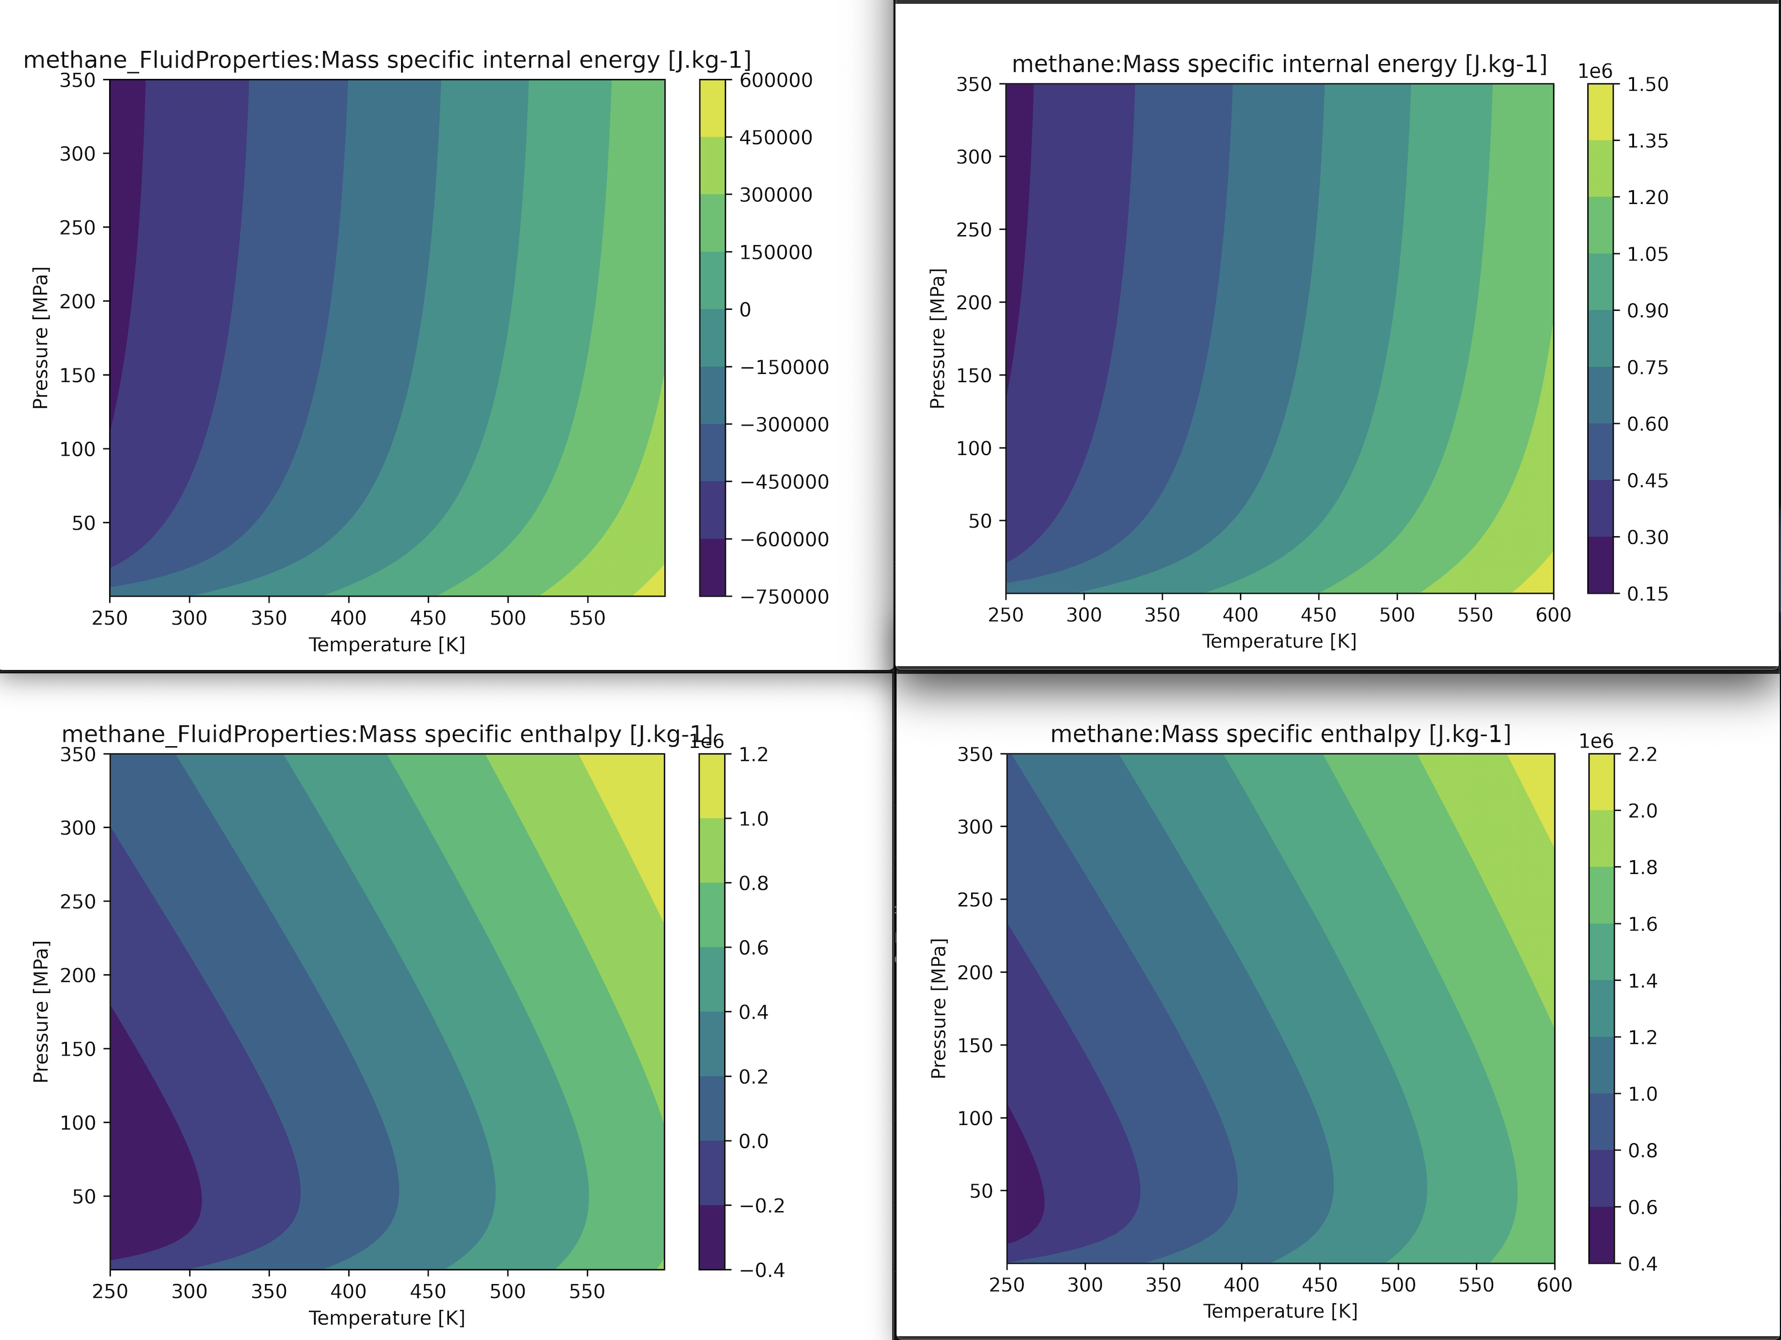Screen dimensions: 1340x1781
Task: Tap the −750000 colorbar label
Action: [x=784, y=597]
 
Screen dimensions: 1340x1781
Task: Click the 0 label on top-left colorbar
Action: [x=745, y=310]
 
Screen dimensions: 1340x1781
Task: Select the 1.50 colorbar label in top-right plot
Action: [x=1647, y=84]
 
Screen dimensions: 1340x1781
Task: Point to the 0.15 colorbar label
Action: [x=1647, y=594]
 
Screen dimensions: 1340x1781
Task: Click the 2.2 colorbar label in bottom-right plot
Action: [x=1643, y=754]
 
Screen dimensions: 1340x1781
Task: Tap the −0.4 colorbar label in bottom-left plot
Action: [x=761, y=1270]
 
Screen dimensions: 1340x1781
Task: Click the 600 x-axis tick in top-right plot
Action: [x=1553, y=615]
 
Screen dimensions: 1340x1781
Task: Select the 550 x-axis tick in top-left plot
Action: [x=587, y=618]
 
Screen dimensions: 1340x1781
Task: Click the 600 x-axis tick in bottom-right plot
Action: [x=1554, y=1285]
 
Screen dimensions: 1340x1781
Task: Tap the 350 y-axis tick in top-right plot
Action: [x=973, y=84]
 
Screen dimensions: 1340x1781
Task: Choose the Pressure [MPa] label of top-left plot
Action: [x=40, y=338]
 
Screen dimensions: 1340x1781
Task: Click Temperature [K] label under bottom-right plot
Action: [x=1280, y=1311]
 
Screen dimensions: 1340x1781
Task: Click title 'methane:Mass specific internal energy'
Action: [x=1278, y=64]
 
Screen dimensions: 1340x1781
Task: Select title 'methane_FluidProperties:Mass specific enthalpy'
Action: [x=386, y=734]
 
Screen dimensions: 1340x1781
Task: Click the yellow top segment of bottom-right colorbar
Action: [x=1602, y=781]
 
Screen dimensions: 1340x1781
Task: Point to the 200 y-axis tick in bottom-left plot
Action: [x=78, y=975]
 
